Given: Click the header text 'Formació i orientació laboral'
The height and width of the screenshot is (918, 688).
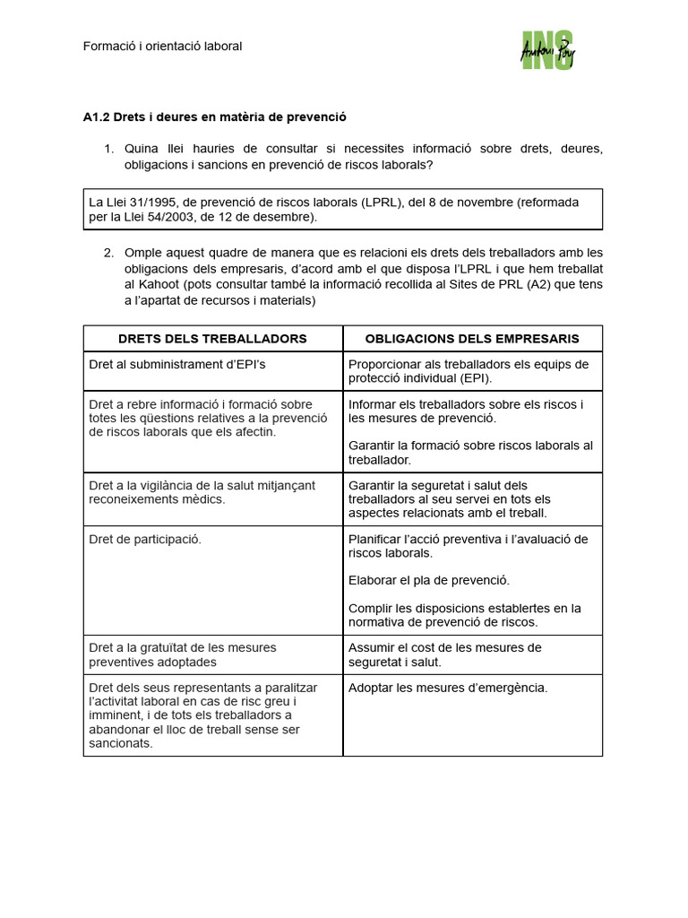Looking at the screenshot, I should [x=162, y=46].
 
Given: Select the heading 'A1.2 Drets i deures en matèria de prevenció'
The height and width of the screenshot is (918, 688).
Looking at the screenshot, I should [x=214, y=117].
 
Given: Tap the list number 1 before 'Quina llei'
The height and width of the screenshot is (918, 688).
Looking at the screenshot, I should [x=108, y=149].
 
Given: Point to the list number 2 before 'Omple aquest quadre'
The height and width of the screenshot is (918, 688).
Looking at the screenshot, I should [x=108, y=252].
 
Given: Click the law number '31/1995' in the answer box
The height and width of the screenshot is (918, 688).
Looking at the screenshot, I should [x=145, y=202].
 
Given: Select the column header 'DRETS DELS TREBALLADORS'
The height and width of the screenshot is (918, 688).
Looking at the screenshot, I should [x=212, y=339].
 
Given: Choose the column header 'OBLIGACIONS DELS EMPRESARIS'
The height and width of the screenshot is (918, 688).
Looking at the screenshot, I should [x=472, y=339].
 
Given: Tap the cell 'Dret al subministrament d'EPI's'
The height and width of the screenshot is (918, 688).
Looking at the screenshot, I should [x=177, y=364].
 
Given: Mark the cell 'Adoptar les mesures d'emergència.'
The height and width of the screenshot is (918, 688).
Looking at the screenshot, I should [x=447, y=688].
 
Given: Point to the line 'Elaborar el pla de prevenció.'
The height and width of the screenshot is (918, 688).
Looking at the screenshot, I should [x=428, y=580].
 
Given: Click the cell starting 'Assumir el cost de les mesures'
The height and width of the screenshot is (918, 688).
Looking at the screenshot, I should [x=444, y=654].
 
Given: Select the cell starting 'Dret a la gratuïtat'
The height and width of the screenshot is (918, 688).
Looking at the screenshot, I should [x=183, y=654].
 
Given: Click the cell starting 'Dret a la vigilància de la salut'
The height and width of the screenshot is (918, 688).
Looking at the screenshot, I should [x=202, y=492].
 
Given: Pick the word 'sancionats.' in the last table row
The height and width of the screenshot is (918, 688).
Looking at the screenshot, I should [x=121, y=742].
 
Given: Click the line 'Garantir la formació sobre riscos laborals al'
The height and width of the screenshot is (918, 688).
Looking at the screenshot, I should [x=470, y=446].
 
